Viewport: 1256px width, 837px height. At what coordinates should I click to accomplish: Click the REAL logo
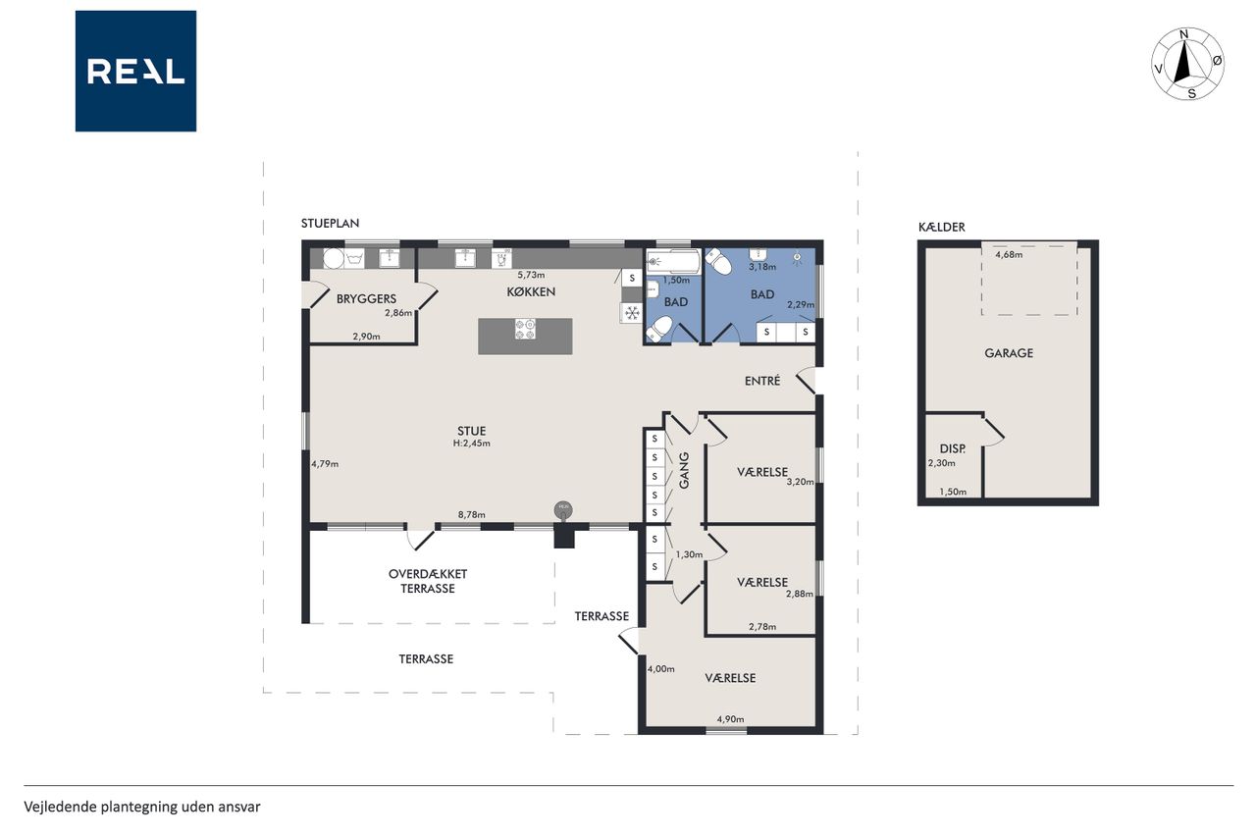[x=135, y=72]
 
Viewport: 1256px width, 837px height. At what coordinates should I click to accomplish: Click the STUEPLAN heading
[x=330, y=223]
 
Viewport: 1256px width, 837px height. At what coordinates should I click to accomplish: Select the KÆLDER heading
[x=941, y=227]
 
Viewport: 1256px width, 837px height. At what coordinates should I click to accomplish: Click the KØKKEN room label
[x=531, y=292]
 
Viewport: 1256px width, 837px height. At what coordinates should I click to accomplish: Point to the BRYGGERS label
[x=366, y=299]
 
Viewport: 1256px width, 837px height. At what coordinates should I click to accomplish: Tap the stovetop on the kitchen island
[x=525, y=329]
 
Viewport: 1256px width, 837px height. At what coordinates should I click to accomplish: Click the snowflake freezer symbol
[x=632, y=312]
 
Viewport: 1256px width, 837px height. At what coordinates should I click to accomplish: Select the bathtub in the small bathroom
[x=673, y=261]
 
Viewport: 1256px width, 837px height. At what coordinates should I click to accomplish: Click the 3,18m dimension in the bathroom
[x=762, y=267]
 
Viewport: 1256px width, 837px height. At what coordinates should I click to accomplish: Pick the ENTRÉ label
[x=762, y=382]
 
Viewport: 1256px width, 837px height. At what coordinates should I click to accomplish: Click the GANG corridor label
[x=684, y=470]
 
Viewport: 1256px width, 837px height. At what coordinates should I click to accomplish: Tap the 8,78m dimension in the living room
[x=472, y=514]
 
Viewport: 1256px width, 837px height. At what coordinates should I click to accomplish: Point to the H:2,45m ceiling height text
[x=472, y=444]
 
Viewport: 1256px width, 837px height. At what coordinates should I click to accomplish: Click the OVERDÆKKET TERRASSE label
[x=428, y=581]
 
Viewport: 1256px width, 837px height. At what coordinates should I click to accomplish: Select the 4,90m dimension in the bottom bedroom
[x=730, y=719]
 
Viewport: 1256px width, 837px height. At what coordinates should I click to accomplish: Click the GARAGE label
[x=1009, y=353]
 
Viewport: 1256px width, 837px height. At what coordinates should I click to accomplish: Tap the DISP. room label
[x=953, y=449]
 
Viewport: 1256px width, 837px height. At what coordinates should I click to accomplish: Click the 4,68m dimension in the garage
[x=1009, y=255]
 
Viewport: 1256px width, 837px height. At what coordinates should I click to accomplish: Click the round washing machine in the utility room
[x=333, y=259]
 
